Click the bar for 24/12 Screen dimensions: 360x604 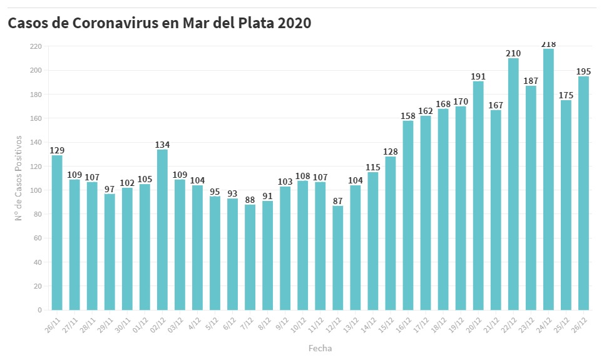tap(548, 179)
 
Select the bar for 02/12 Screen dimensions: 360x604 tap(162, 229)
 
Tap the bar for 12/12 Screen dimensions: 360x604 tap(337, 257)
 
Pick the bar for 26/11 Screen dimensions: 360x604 tap(57, 232)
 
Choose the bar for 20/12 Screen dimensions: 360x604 tap(478, 195)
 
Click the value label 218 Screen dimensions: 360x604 tap(548, 44)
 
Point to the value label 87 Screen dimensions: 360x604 tap(337, 201)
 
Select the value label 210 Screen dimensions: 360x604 tap(513, 53)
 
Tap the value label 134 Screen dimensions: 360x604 tap(162, 145)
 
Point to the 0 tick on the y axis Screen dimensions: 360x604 tap(39, 310)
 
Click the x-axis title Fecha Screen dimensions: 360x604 tap(320, 348)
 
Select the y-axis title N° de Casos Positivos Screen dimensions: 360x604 tap(20, 178)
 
